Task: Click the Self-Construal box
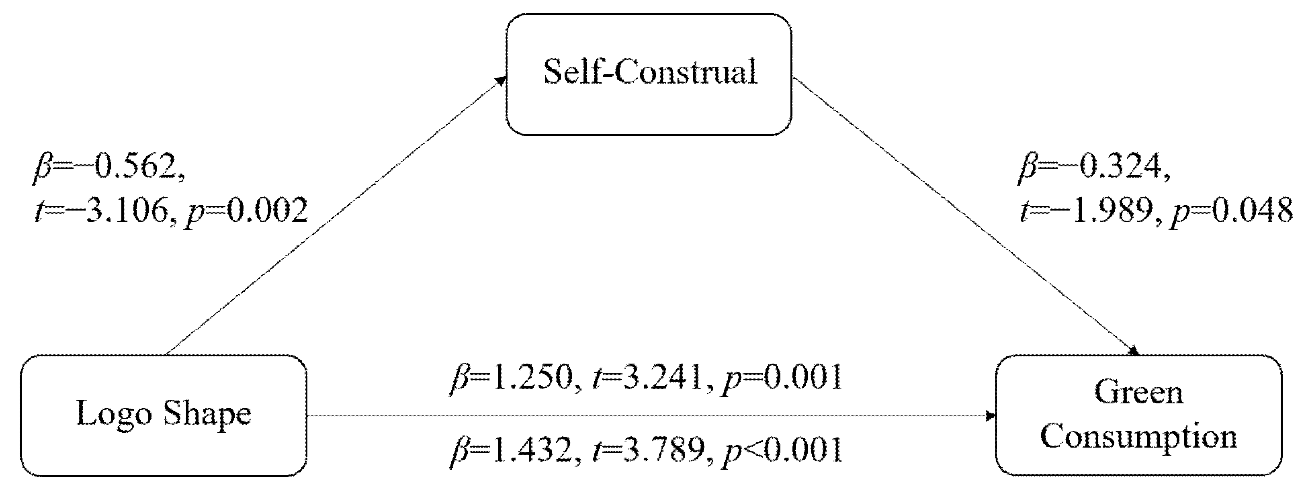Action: pyautogui.click(x=649, y=74)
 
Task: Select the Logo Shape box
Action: pyautogui.click(x=163, y=415)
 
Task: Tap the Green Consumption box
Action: pyautogui.click(x=1138, y=415)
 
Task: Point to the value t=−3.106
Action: pyautogui.click(x=101, y=211)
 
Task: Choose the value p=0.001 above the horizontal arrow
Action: pyautogui.click(x=782, y=377)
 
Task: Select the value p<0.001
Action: pyautogui.click(x=782, y=450)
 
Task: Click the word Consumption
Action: pyautogui.click(x=1138, y=436)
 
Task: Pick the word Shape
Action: pyautogui.click(x=207, y=415)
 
